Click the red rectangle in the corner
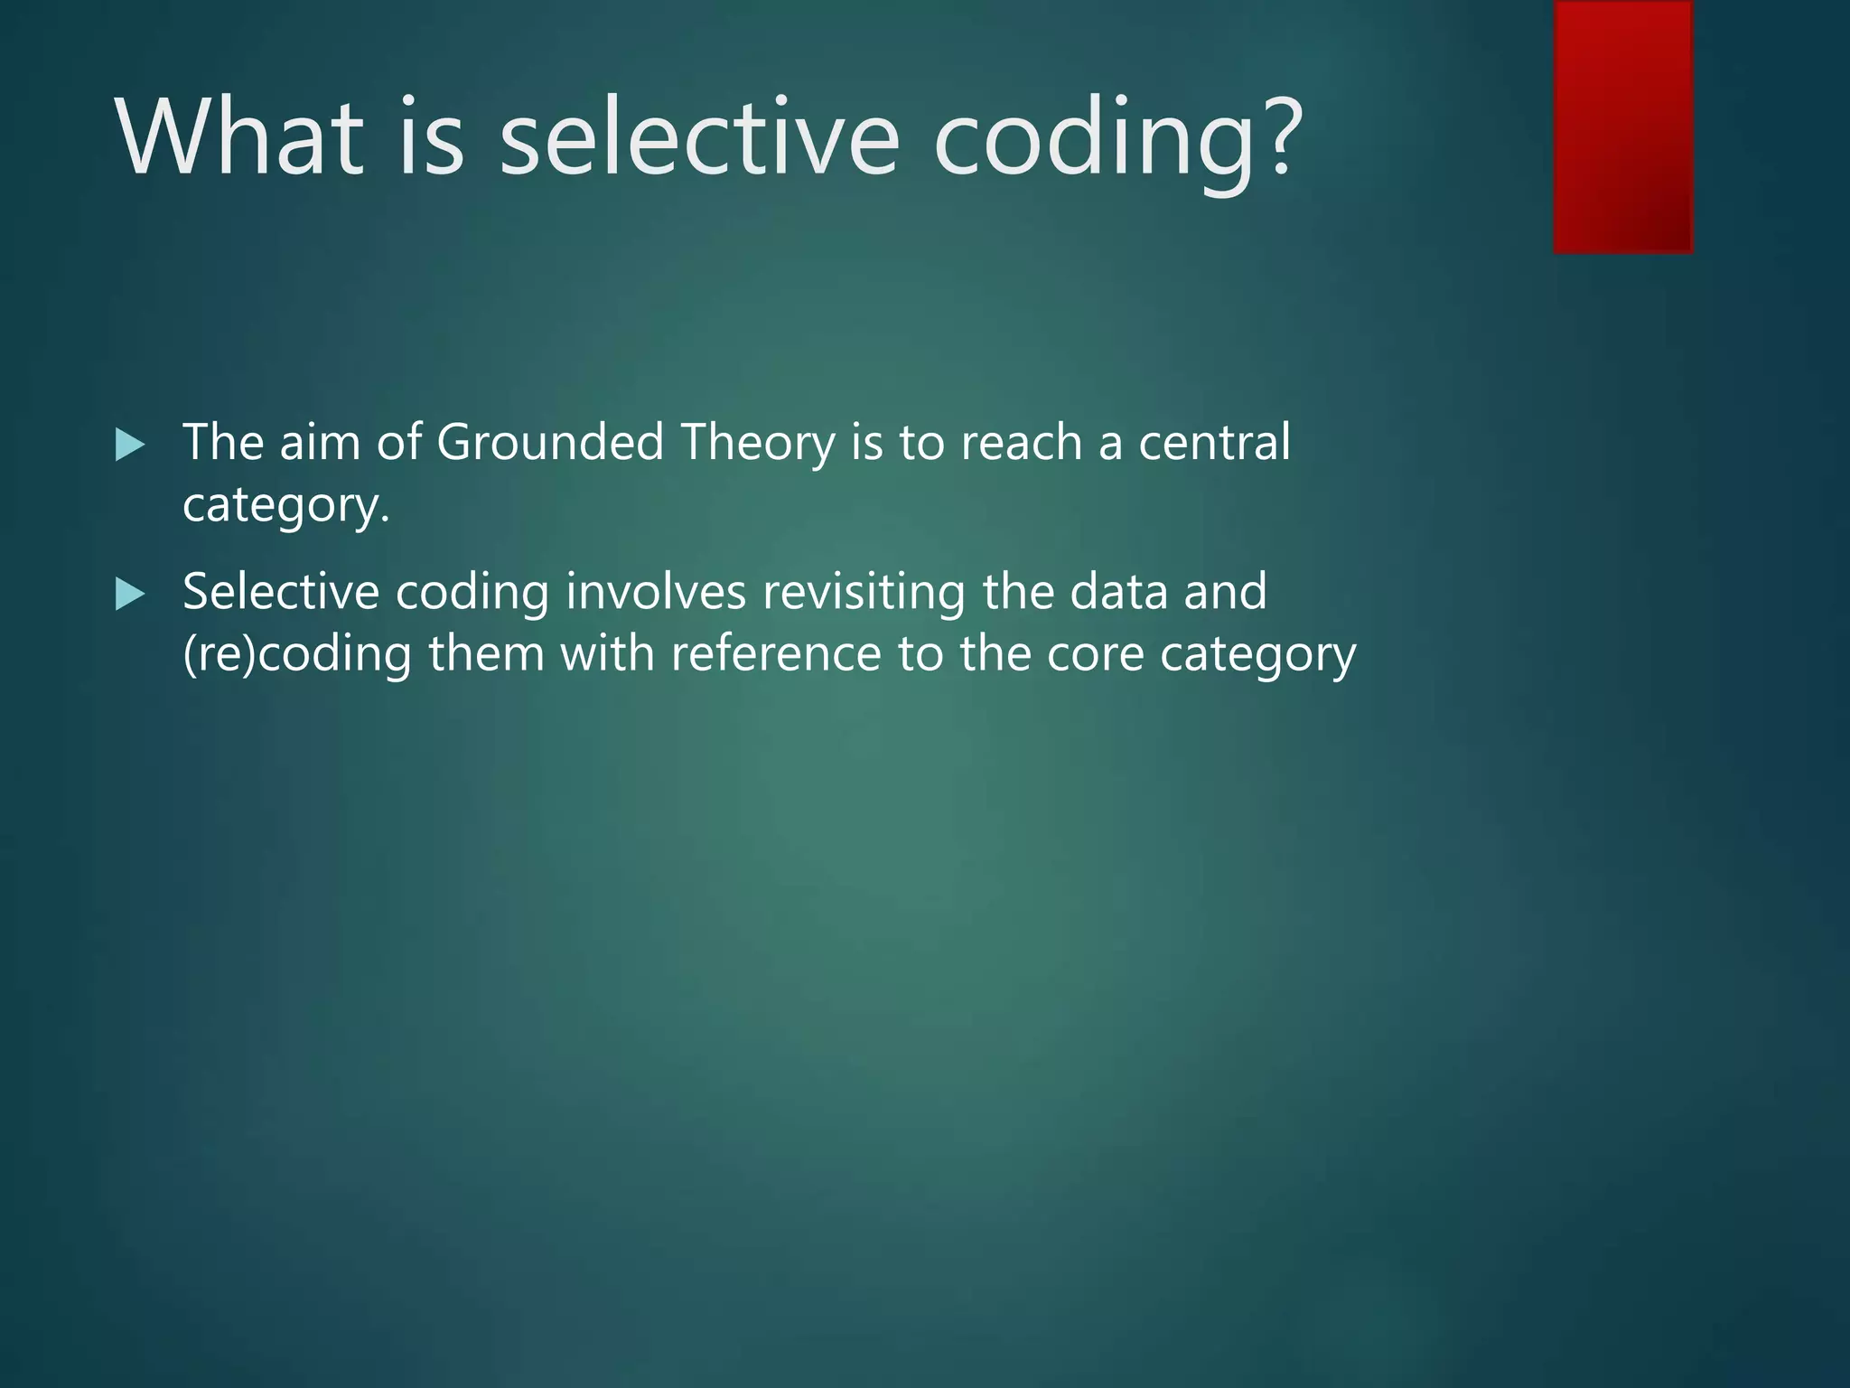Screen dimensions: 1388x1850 (x=1622, y=127)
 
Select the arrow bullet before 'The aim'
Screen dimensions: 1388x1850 (x=130, y=445)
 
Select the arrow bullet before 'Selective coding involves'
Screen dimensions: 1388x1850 (x=130, y=595)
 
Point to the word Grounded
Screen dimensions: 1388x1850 (x=550, y=443)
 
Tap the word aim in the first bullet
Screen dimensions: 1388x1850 (x=320, y=443)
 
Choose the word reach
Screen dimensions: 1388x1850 (x=1021, y=443)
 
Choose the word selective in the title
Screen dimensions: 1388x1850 (x=699, y=137)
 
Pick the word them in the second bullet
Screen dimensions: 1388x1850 (x=486, y=652)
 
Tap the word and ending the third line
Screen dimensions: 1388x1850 (x=1225, y=593)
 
